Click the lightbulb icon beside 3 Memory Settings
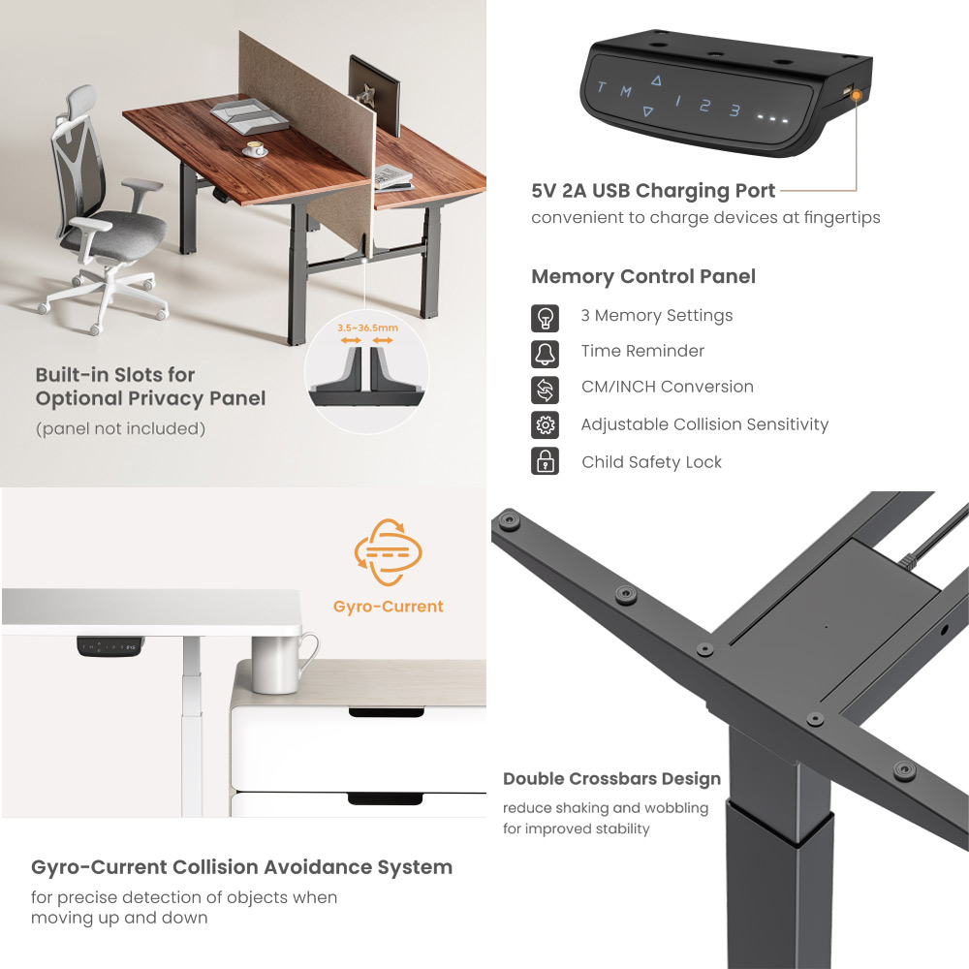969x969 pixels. click(546, 318)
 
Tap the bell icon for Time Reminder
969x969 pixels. click(546, 354)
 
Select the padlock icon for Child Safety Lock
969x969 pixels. click(546, 461)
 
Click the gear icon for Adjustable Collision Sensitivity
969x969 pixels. click(546, 424)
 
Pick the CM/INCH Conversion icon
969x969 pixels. click(546, 389)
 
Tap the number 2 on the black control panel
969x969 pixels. click(705, 106)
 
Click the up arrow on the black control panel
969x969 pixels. click(656, 81)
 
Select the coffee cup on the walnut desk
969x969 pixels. click(256, 148)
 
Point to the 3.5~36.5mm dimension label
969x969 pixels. click(367, 328)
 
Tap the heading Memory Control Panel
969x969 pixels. click(643, 277)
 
